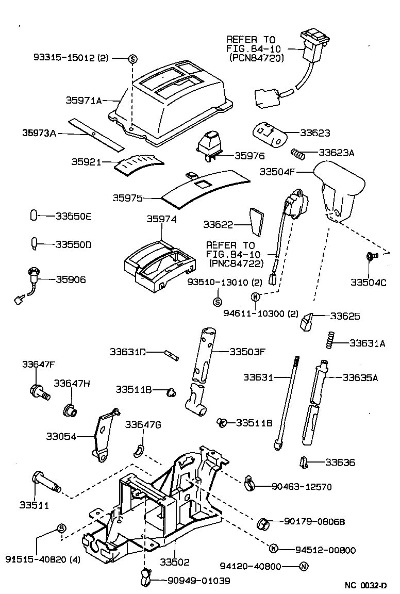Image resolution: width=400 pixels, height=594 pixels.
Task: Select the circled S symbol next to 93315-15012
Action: [132, 58]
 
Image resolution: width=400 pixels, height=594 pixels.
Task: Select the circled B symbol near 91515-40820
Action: [61, 528]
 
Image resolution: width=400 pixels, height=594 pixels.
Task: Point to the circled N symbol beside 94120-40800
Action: [304, 567]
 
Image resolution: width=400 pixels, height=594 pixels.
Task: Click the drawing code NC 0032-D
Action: [365, 586]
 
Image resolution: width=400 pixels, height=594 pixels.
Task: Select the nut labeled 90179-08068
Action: [262, 523]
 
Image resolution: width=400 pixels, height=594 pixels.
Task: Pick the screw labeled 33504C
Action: [371, 256]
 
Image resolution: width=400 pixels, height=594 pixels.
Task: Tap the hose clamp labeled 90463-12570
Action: [249, 482]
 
